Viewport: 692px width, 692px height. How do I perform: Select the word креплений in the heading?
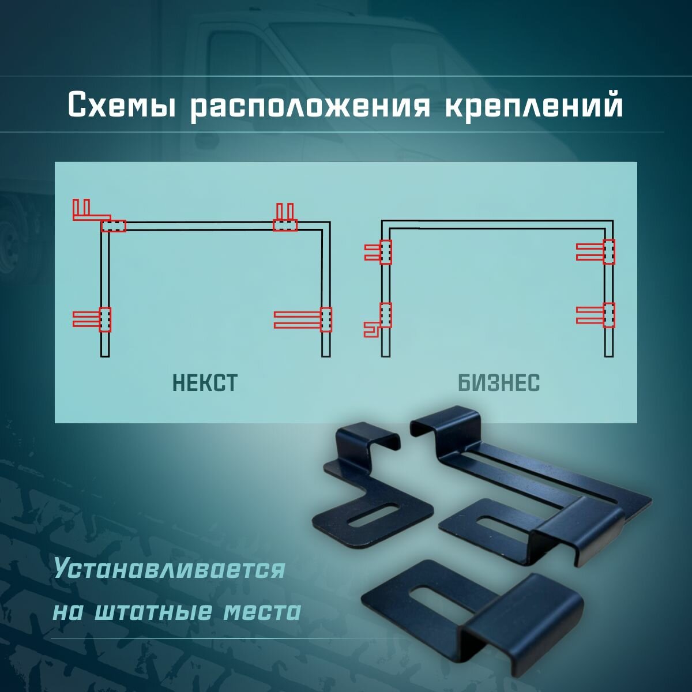[x=534, y=106]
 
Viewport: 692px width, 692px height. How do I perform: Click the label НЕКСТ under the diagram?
[x=205, y=383]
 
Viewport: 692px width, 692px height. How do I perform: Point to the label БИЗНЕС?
[x=499, y=383]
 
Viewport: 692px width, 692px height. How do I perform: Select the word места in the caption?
[x=262, y=612]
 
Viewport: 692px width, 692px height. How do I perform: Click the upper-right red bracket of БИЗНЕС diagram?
[x=596, y=251]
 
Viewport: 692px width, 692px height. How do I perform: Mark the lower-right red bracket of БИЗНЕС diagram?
[x=596, y=315]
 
